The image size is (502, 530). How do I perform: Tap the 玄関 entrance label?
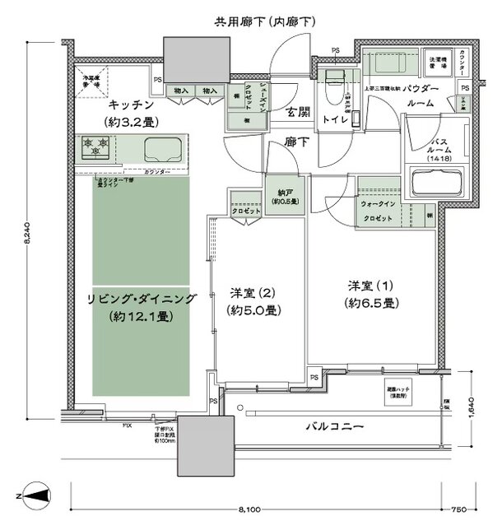[298, 113]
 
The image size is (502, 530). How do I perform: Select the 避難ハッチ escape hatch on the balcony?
[399, 393]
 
